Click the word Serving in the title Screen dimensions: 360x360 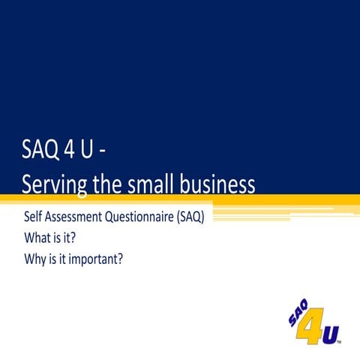[x=55, y=183]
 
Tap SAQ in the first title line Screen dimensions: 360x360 [x=38, y=153]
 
